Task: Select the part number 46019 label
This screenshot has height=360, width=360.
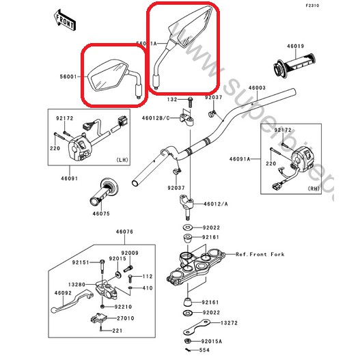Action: pyautogui.click(x=295, y=46)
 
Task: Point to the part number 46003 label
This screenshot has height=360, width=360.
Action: pyautogui.click(x=256, y=88)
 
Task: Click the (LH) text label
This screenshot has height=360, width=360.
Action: pyautogui.click(x=122, y=159)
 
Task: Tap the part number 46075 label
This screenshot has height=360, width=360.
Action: pyautogui.click(x=101, y=213)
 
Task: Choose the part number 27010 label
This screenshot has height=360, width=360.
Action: pyautogui.click(x=124, y=318)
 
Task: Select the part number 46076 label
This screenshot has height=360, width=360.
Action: pyautogui.click(x=124, y=232)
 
